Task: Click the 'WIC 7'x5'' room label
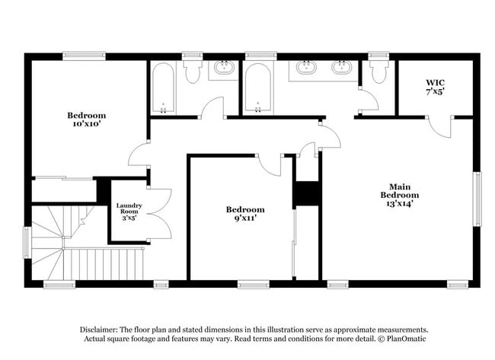pyautogui.click(x=435, y=86)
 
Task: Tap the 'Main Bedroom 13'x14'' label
pyautogui.click(x=400, y=195)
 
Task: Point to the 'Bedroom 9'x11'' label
pyautogui.click(x=244, y=214)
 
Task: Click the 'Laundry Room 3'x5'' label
pyautogui.click(x=129, y=211)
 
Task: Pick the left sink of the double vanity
pyautogui.click(x=308, y=68)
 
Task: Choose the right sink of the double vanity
pyautogui.click(x=340, y=68)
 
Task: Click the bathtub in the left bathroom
pyautogui.click(x=163, y=88)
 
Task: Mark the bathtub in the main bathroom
pyautogui.click(x=257, y=88)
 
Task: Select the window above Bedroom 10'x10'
pyautogui.click(x=84, y=56)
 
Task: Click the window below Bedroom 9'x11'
pyautogui.click(x=254, y=285)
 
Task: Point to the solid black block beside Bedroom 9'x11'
pyautogui.click(x=305, y=193)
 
